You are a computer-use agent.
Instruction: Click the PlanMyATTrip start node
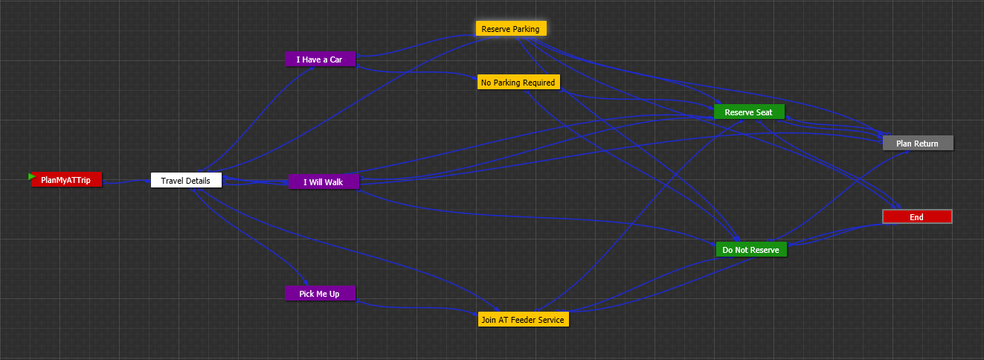pyautogui.click(x=65, y=180)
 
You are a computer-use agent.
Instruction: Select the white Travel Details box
pyautogui.click(x=186, y=180)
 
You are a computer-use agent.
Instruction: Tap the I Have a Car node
pyautogui.click(x=320, y=60)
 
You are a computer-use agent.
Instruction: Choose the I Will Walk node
pyautogui.click(x=324, y=182)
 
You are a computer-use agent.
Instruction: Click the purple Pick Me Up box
pyautogui.click(x=320, y=294)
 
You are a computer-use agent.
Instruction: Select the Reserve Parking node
pyautogui.click(x=511, y=29)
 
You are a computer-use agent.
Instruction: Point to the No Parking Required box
pyautogui.click(x=518, y=83)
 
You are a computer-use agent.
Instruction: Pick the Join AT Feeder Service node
pyautogui.click(x=523, y=320)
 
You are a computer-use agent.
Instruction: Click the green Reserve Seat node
pyautogui.click(x=749, y=112)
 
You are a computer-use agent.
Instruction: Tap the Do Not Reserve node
pyautogui.click(x=750, y=250)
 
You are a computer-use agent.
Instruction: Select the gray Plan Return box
pyautogui.click(x=917, y=144)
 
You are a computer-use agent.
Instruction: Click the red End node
pyautogui.click(x=916, y=217)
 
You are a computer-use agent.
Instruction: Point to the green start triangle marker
pyautogui.click(x=32, y=176)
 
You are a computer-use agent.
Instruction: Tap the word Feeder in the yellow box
pyautogui.click(x=524, y=320)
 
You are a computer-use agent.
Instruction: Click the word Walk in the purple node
pyautogui.click(x=334, y=182)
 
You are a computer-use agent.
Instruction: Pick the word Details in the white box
pyautogui.click(x=196, y=180)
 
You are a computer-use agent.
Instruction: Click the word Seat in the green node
pyautogui.click(x=765, y=112)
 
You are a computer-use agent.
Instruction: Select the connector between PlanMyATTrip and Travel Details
pyautogui.click(x=126, y=181)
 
